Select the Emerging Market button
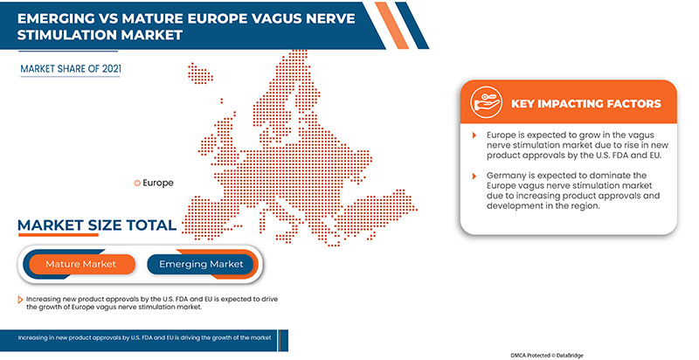pos(200,263)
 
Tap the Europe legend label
pos(158,183)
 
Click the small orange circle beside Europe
pos(136,183)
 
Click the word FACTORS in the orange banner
pos(630,104)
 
